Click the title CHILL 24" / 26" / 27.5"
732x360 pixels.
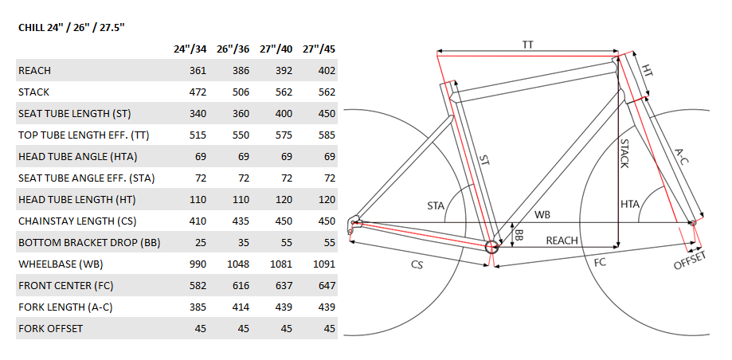72,28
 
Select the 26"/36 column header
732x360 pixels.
233,49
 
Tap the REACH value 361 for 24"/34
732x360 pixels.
198,71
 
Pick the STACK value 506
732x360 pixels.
241,92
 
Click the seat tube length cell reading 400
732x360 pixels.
284,113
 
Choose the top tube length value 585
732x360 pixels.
327,135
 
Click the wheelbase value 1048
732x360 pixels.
238,264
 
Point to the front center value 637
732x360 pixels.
284,285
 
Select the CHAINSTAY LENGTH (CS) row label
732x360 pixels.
77,221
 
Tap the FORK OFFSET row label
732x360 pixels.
50,328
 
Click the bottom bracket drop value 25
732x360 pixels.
200,242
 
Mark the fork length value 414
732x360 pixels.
241,307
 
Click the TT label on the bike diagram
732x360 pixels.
528,45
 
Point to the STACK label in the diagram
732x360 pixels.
624,153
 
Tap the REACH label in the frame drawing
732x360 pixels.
562,241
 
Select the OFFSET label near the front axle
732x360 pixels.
690,260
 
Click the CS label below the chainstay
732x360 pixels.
417,264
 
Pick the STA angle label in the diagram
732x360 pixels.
436,205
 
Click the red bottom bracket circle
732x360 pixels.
491,247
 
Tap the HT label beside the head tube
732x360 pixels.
647,71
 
